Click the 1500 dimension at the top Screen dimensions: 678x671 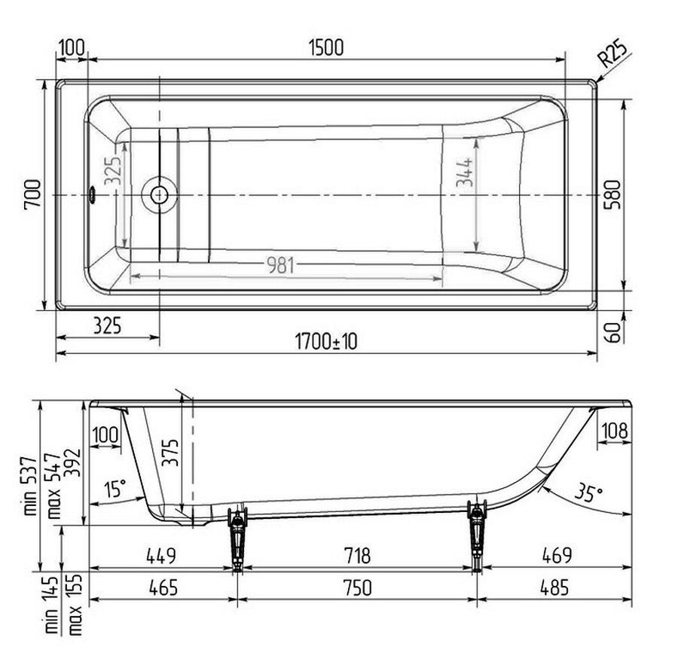click(326, 47)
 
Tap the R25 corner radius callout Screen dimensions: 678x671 click(612, 53)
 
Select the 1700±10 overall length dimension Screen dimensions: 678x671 click(326, 342)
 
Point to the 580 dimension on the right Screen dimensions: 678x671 click(612, 194)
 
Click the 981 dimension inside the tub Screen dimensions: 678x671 click(281, 265)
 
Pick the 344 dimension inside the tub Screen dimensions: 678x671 click(466, 172)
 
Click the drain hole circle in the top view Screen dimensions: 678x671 click(159, 195)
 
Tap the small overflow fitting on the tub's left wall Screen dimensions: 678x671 click(92, 194)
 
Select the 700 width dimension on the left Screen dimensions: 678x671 click(32, 195)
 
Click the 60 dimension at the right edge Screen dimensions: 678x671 click(612, 331)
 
